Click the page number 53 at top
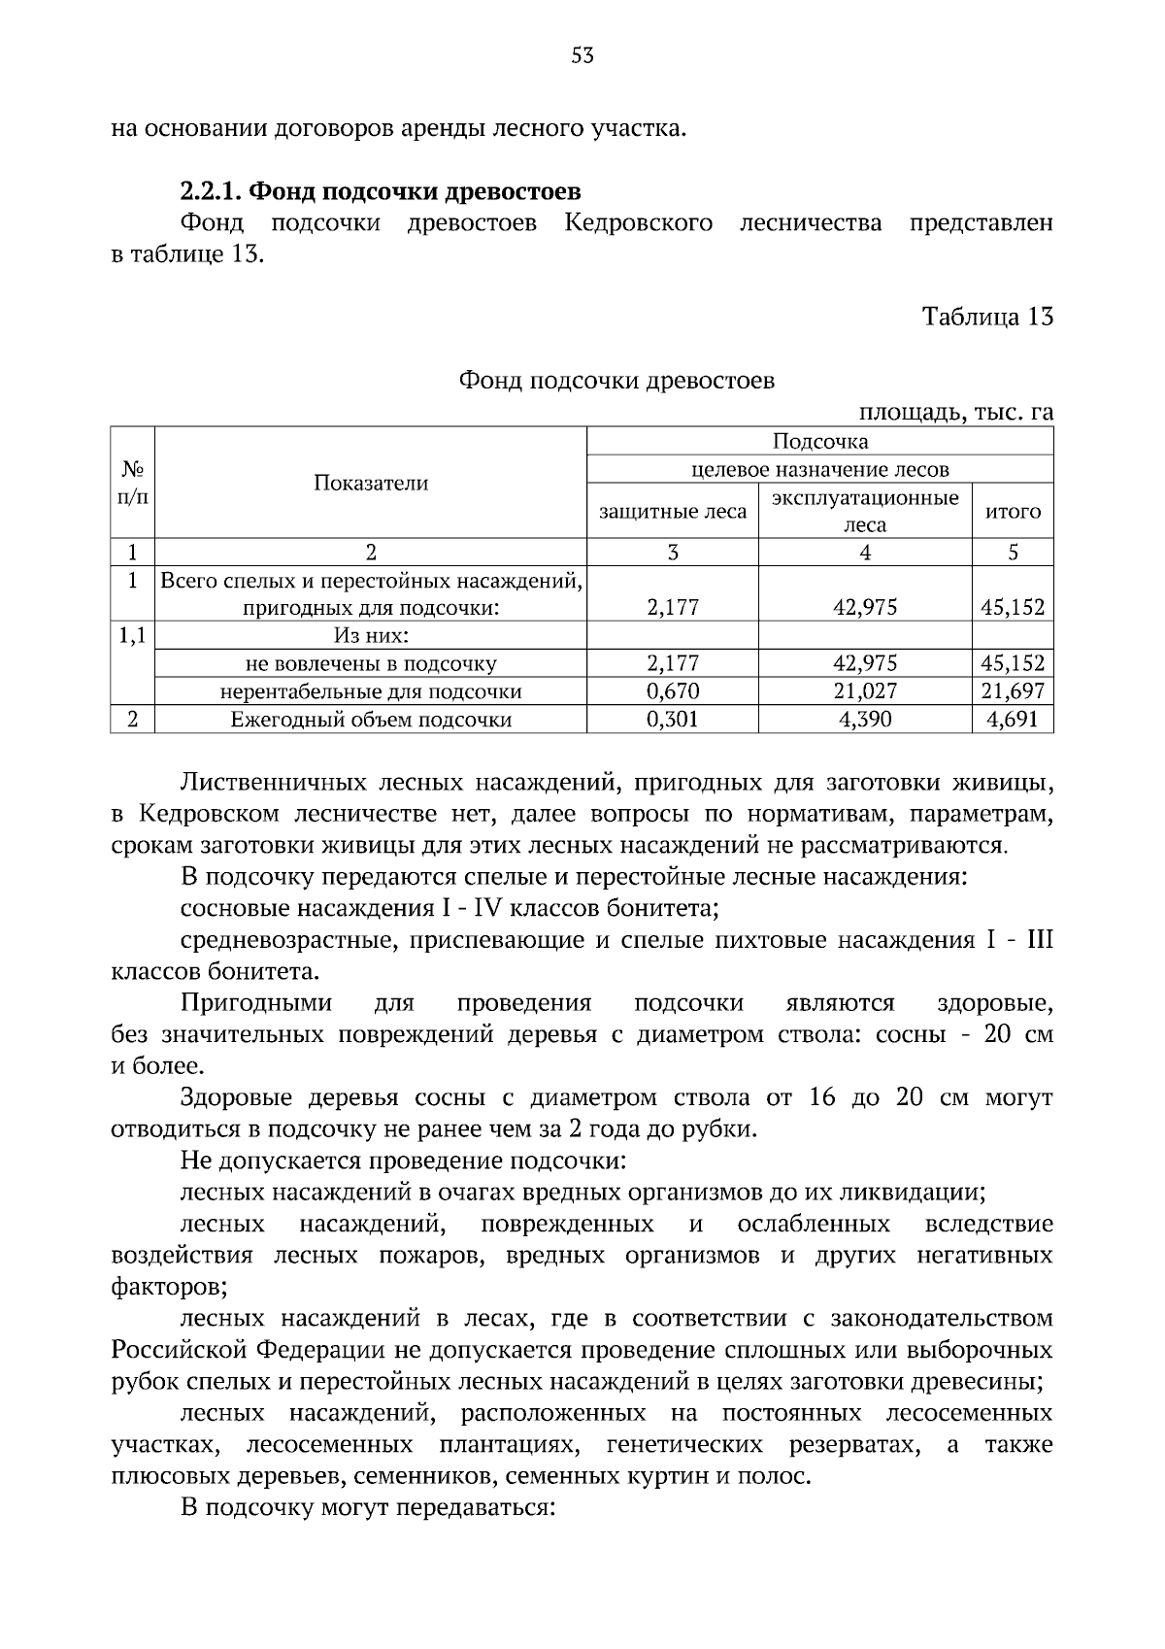pos(582,55)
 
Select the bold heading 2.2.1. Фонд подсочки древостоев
pos(381,190)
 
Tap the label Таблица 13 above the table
pos(986,318)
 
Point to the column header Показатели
pos(370,484)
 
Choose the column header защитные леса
pos(673,512)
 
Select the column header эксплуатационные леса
pos(864,511)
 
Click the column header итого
pos(1013,512)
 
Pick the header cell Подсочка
pos(819,442)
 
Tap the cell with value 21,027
pos(864,691)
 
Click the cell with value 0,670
pos(673,691)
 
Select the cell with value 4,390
pos(864,720)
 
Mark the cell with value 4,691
pos(1013,720)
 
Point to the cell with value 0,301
pos(673,720)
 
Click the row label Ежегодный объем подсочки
pos(370,720)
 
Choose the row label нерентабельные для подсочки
pos(370,691)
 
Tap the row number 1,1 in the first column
pos(132,637)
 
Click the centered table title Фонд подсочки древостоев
pos(616,381)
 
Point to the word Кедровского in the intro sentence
pos(638,223)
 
